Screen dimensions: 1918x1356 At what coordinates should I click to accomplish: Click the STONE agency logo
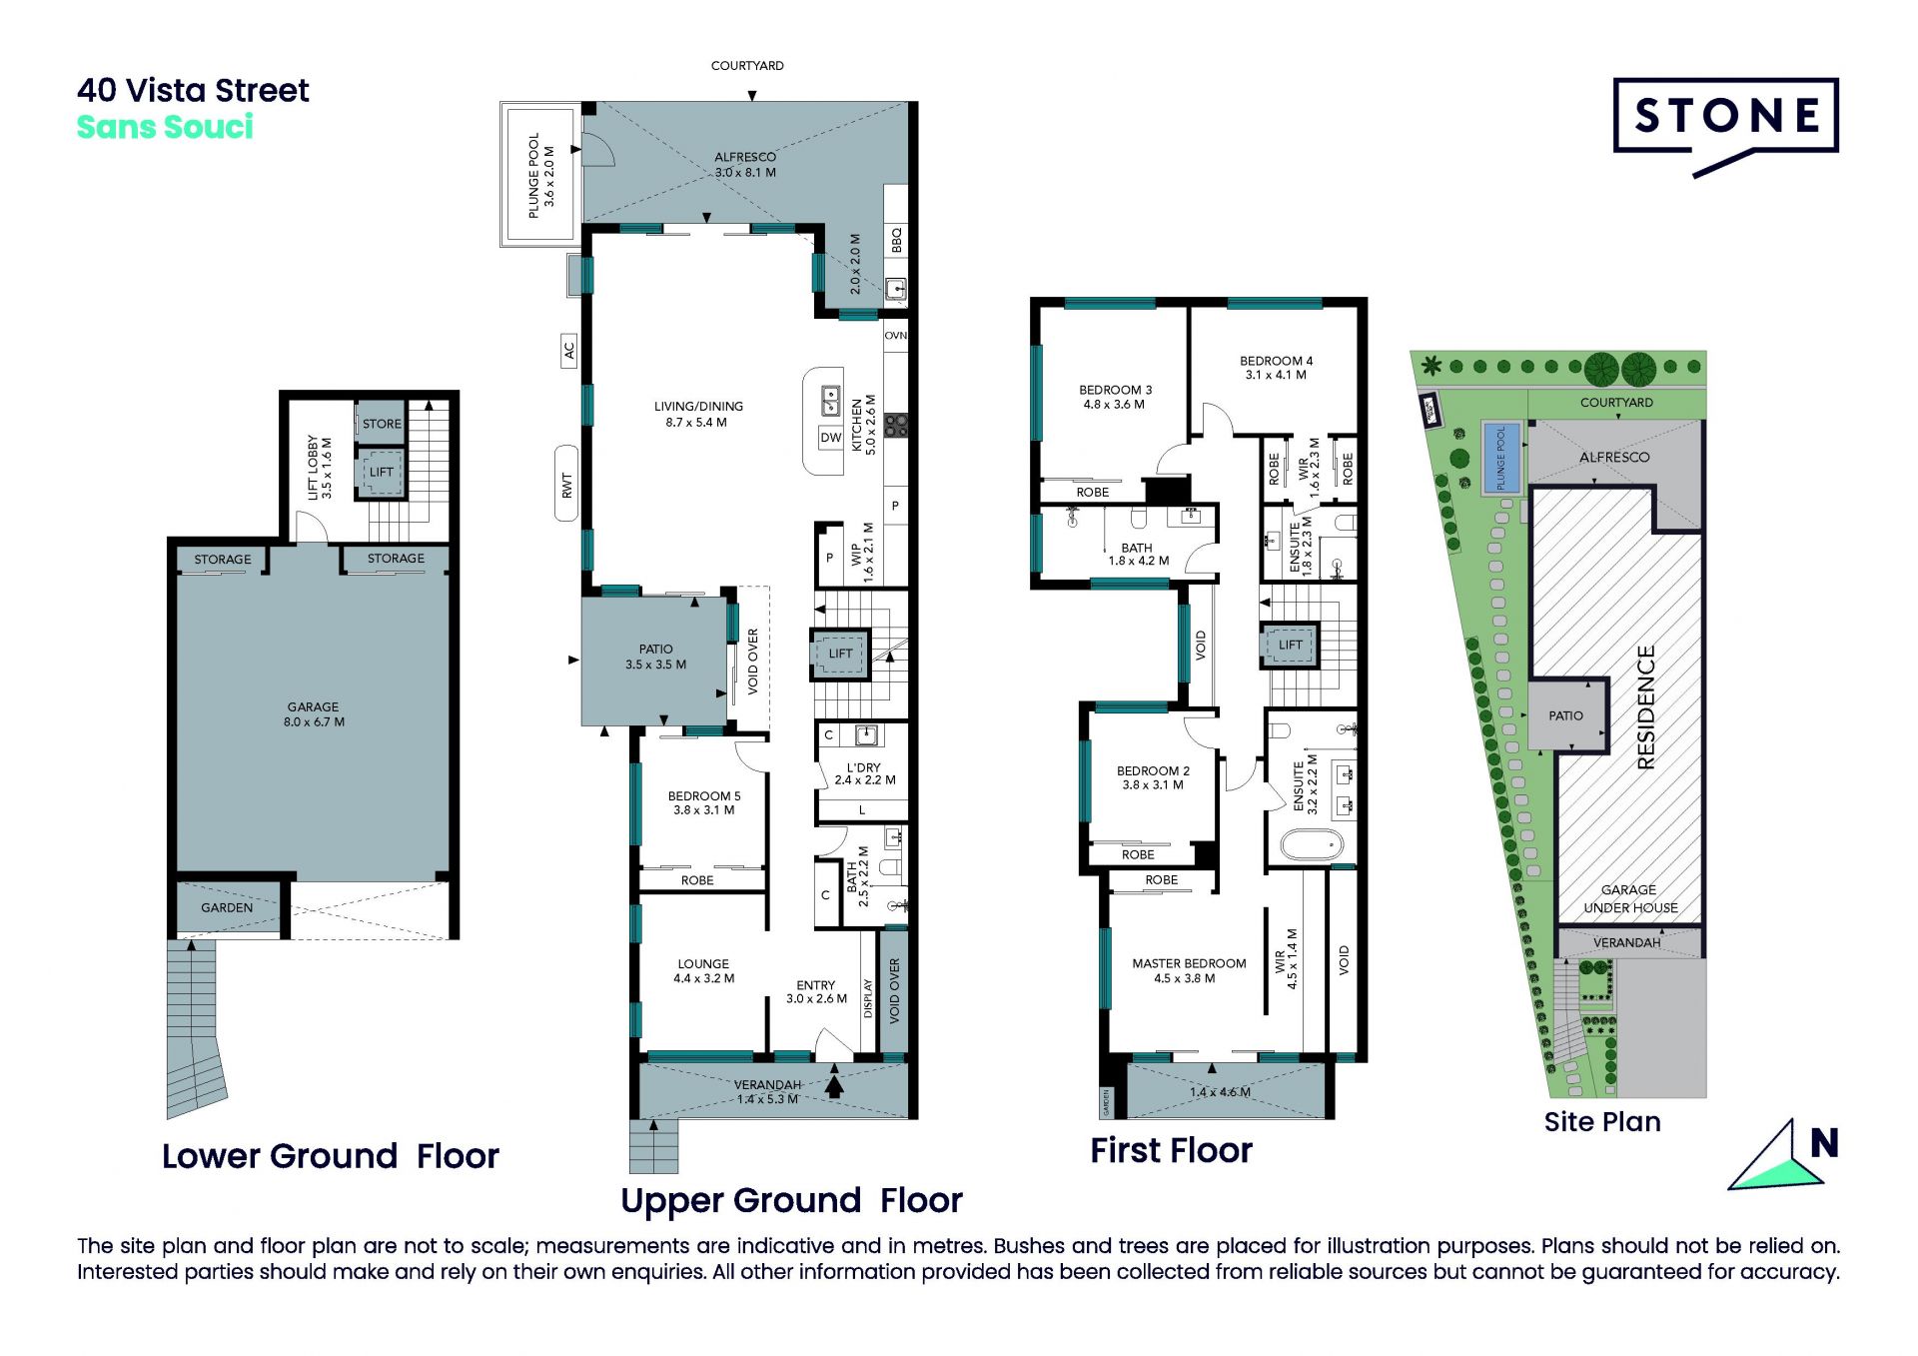tap(1725, 126)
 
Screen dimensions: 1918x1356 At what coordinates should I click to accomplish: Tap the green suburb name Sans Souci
tap(165, 127)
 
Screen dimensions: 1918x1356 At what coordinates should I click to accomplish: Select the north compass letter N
tap(1824, 1143)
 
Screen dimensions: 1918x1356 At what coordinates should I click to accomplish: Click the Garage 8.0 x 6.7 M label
tap(314, 713)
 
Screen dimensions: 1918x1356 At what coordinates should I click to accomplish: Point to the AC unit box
tap(568, 351)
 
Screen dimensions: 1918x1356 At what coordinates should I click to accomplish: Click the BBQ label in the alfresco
tap(896, 240)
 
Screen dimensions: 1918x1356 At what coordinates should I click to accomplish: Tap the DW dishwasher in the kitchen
tap(831, 438)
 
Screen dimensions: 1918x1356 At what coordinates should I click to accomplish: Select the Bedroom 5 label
tap(704, 802)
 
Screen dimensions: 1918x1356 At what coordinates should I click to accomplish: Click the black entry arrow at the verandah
tap(834, 1082)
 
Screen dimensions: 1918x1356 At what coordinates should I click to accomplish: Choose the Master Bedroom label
tap(1189, 970)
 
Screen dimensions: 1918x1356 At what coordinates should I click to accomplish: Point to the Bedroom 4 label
tap(1276, 368)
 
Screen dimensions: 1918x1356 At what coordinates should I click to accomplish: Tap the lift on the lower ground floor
tap(382, 472)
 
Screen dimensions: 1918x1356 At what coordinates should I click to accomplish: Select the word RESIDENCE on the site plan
tap(1646, 706)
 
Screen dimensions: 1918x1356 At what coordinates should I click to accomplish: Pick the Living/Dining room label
tap(698, 414)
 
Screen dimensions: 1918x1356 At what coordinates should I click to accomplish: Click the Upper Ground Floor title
tap(791, 1200)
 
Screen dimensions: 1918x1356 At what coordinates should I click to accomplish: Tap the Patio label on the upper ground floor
tap(655, 657)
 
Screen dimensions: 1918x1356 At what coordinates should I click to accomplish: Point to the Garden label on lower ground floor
tap(227, 907)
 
